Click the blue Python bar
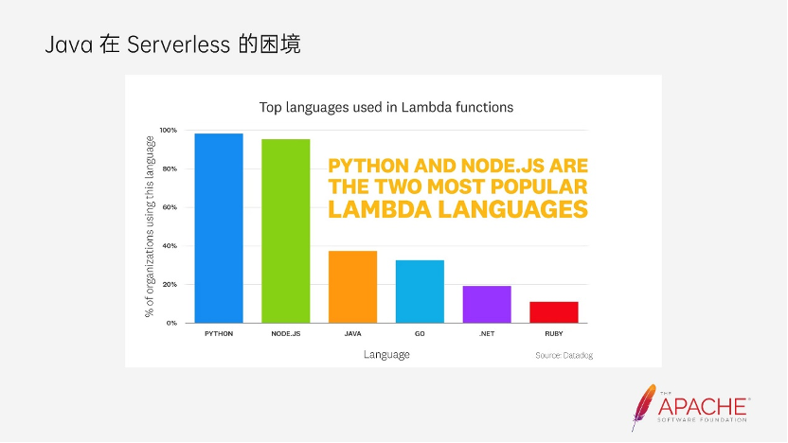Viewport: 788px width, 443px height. [219, 228]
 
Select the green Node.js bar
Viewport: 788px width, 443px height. [285, 231]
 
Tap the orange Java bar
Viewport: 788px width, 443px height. [352, 287]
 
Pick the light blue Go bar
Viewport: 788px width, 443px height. [420, 292]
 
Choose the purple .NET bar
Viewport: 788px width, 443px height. [487, 305]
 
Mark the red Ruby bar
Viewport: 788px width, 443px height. [554, 312]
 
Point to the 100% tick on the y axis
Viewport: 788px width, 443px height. [169, 130]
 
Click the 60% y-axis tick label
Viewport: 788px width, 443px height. [170, 207]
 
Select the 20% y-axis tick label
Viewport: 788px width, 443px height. [170, 284]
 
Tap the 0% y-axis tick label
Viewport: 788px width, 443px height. [171, 323]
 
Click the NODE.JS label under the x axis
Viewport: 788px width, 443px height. [285, 333]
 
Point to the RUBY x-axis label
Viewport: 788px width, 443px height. [554, 333]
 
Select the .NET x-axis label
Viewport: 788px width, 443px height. [487, 333]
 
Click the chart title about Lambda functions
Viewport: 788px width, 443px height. [386, 108]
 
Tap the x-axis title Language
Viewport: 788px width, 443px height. [386, 355]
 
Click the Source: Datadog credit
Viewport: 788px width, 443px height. [564, 356]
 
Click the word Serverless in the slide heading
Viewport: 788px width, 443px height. [178, 44]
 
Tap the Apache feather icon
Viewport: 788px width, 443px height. [643, 407]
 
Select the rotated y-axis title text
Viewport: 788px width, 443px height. [150, 226]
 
